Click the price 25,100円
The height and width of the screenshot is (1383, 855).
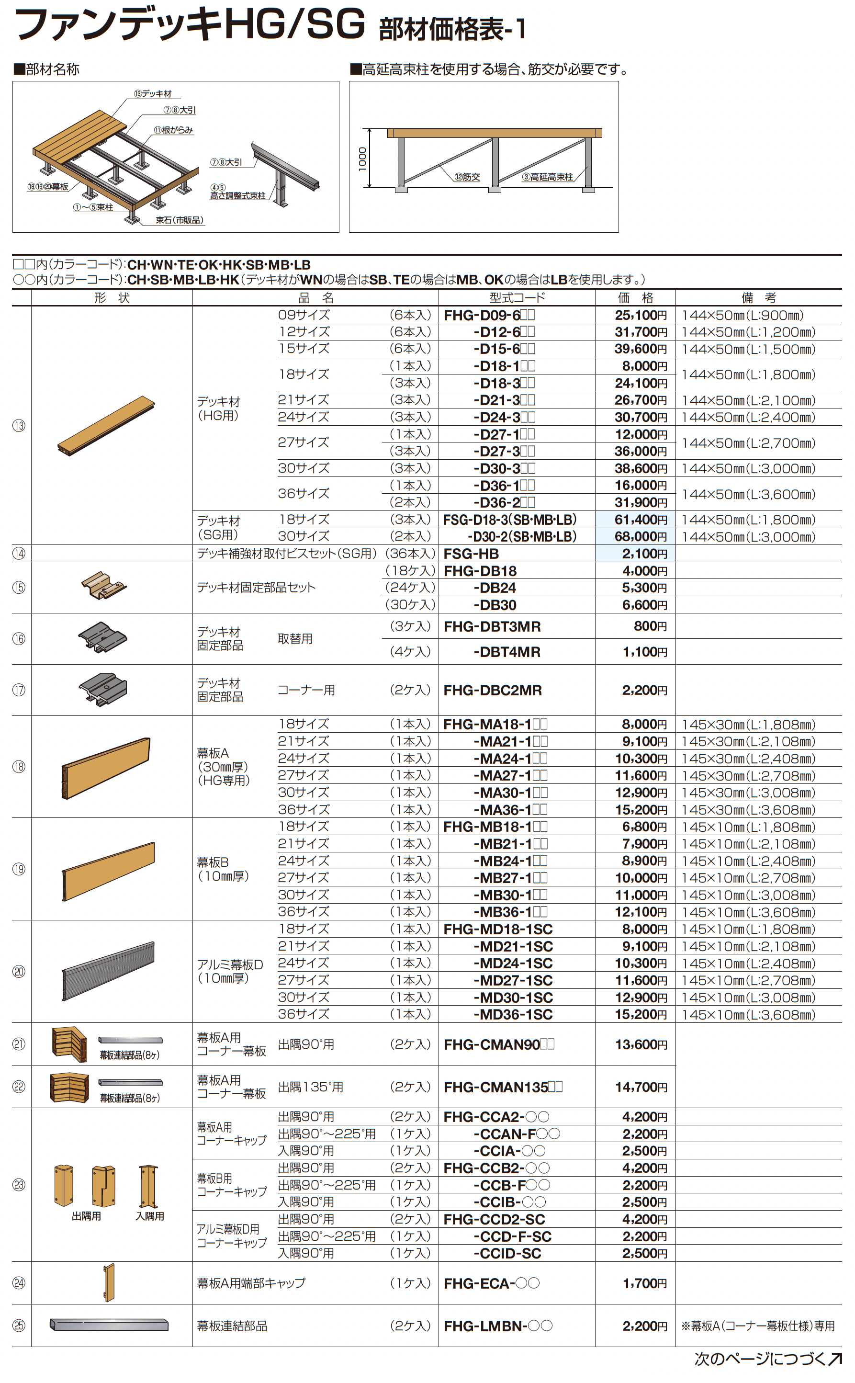[x=641, y=315]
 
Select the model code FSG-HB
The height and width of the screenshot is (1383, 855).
[x=471, y=554]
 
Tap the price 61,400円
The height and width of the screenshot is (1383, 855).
[x=641, y=519]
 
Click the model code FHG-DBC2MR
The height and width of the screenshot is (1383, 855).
[x=492, y=690]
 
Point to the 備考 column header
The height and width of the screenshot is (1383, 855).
[x=758, y=297]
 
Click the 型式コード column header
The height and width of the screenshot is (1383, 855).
[x=517, y=297]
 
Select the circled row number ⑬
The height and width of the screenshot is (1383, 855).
[x=19, y=425]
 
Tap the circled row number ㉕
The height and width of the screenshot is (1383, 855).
[x=19, y=1326]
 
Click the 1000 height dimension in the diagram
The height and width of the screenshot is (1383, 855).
[x=362, y=159]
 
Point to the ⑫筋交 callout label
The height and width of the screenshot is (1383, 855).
[x=467, y=177]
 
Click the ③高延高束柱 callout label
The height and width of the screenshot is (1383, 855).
[x=547, y=177]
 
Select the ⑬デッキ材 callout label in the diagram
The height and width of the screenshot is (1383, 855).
[x=153, y=94]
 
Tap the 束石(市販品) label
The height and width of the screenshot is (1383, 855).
[x=179, y=220]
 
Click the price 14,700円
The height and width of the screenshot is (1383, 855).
[x=641, y=1087]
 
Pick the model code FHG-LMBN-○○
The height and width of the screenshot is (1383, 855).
[x=497, y=1326]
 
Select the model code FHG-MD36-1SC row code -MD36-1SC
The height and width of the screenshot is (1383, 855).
[x=513, y=1015]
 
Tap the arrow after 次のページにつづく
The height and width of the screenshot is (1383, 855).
[x=834, y=1359]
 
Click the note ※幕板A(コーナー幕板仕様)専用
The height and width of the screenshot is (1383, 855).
[x=758, y=1326]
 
